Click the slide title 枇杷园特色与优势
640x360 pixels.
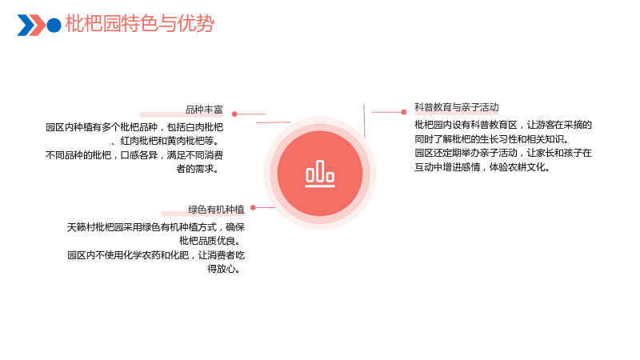139,23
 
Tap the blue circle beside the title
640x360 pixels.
54,25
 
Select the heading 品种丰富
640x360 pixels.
204,110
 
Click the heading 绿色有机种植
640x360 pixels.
216,210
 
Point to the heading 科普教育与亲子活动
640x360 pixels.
457,107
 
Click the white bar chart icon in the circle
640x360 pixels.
320,174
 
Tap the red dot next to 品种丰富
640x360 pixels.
234,114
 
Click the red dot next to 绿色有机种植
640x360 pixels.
253,207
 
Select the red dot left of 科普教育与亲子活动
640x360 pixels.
404,112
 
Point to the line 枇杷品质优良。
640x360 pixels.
210,241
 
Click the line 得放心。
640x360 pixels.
224,269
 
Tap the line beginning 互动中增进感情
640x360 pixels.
482,167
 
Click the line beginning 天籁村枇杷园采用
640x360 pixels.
156,227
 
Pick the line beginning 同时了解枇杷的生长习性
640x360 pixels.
492,139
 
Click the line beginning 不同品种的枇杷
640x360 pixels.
134,155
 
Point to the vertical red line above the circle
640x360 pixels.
364,121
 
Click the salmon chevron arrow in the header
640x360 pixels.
38,25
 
